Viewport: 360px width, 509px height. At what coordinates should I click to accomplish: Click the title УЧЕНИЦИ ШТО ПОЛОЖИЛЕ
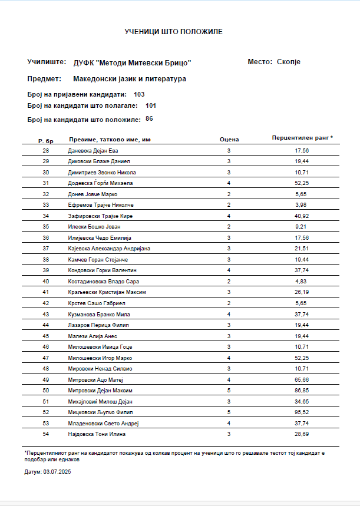point(173,31)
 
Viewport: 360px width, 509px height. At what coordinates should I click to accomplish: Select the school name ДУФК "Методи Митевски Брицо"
point(132,63)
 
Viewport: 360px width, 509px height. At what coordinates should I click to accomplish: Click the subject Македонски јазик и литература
point(130,78)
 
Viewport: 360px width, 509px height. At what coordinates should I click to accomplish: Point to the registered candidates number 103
point(139,94)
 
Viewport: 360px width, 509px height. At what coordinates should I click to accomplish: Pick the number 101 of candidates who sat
point(151,106)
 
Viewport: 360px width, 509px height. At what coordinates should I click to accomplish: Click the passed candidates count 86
point(149,119)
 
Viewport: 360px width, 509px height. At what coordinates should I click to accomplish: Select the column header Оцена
point(229,140)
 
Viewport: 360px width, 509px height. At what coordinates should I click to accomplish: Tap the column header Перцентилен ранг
point(302,137)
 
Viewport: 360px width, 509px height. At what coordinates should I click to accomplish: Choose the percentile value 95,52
point(302,412)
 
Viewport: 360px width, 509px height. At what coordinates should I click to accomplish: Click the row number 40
point(46,282)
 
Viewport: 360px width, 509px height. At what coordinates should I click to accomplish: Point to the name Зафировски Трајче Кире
point(100,216)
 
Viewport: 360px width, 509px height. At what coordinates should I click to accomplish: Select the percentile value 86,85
point(302,390)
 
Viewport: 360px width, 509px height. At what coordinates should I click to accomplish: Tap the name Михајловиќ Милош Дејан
point(102,401)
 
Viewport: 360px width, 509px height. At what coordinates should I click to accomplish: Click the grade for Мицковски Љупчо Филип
point(229,412)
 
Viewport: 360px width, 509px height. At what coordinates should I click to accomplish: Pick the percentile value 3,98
point(302,205)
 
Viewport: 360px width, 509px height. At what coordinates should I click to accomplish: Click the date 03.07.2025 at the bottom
point(57,472)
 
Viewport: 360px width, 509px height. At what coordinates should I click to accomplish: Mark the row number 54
point(46,434)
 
